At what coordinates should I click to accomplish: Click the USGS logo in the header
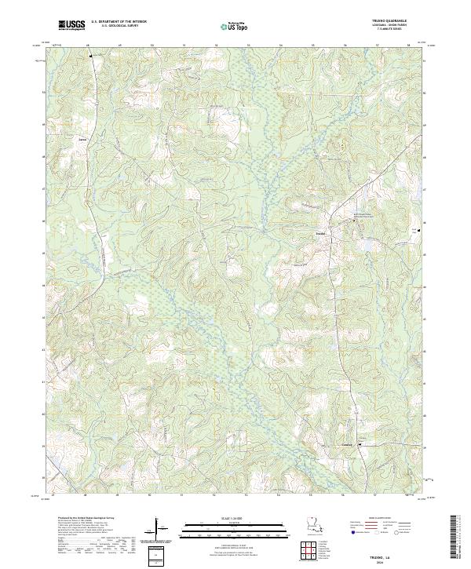pos(71,26)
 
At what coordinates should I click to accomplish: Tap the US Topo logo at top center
pos(237,27)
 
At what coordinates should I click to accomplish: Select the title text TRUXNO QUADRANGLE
pos(400,22)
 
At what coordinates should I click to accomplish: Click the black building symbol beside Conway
pos(360,445)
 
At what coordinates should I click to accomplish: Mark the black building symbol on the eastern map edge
pos(418,230)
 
